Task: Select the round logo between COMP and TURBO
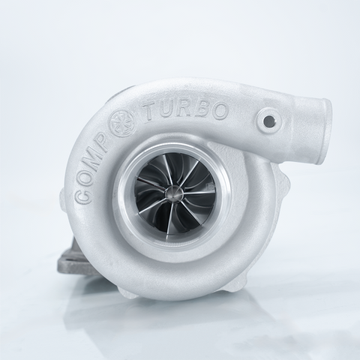[121, 124]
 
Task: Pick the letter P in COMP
[108, 147]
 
